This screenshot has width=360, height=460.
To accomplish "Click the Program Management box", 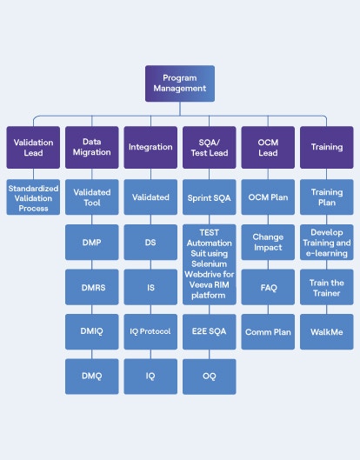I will click(x=179, y=83).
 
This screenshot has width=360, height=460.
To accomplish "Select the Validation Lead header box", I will click(x=33, y=147).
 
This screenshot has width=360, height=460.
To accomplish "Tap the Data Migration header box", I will click(x=92, y=147).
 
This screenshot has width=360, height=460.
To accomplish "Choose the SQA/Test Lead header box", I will click(x=209, y=147).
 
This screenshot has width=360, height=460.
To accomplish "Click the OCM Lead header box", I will click(x=268, y=147).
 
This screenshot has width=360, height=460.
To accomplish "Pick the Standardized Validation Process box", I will click(x=33, y=197).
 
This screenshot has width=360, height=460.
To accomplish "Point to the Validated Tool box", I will click(x=92, y=197).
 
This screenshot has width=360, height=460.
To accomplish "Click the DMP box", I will click(x=92, y=242).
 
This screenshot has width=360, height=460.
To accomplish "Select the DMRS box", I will click(x=92, y=286).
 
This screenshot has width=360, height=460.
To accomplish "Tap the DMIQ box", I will click(x=92, y=331).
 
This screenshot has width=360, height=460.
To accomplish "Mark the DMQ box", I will click(x=92, y=376).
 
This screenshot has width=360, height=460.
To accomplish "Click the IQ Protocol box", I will click(x=150, y=331).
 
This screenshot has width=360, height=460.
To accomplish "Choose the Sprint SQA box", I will click(x=209, y=197).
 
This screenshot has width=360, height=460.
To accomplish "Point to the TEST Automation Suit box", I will click(x=209, y=264).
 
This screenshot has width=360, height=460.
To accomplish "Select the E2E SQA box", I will click(x=209, y=331).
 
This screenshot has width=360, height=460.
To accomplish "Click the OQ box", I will click(x=209, y=376).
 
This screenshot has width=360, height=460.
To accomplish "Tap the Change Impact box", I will click(x=268, y=242).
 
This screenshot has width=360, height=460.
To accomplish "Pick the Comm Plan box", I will click(x=268, y=331).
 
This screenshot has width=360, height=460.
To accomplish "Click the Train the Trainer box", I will click(x=327, y=286).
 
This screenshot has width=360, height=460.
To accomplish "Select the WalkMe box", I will click(x=327, y=331).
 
